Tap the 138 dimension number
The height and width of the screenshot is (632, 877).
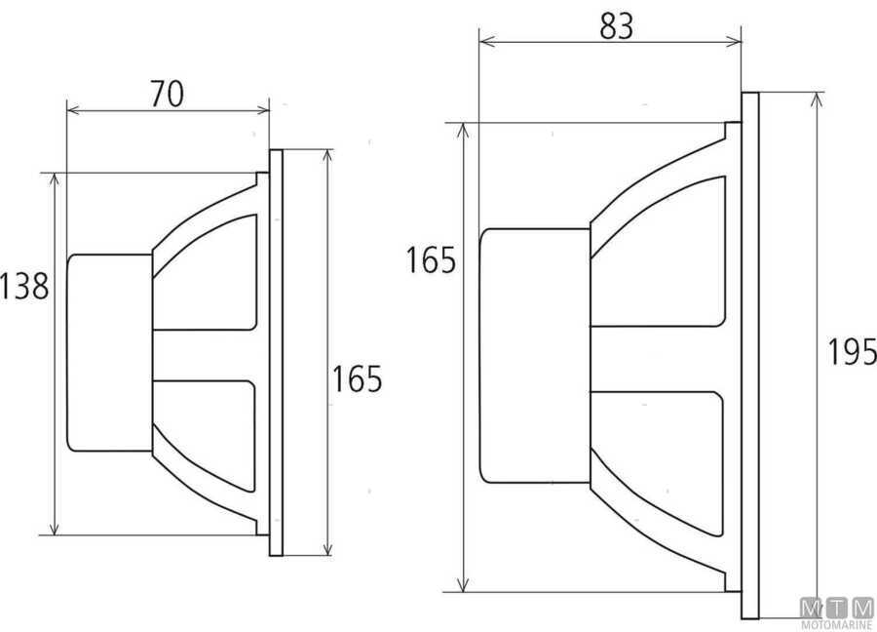click(x=24, y=287)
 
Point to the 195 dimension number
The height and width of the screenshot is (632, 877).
click(x=851, y=349)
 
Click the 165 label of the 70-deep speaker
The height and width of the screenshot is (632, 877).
click(x=357, y=379)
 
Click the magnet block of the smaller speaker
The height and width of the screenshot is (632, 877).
click(x=109, y=352)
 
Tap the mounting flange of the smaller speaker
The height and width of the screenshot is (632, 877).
click(x=276, y=353)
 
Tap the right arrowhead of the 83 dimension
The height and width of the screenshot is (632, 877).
click(x=737, y=42)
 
